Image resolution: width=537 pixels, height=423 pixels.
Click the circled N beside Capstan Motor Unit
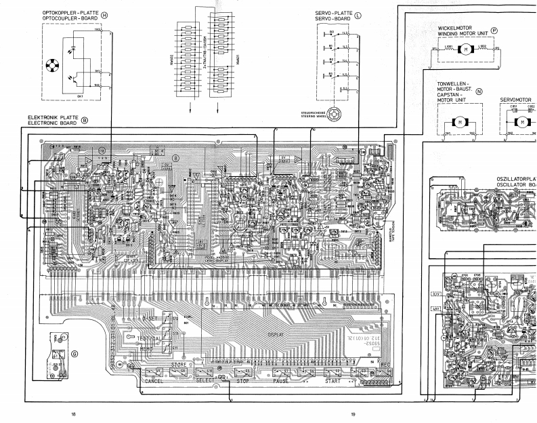click(479, 91)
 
